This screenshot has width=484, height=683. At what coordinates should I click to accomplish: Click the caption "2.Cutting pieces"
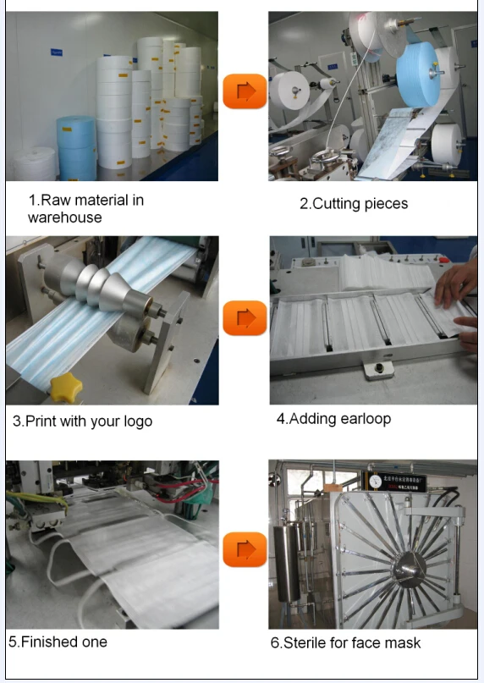(354, 203)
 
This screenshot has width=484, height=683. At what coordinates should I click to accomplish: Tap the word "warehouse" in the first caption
(65, 217)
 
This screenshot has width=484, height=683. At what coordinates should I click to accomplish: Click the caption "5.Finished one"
(58, 642)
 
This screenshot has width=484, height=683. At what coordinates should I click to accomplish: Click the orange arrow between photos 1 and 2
(245, 91)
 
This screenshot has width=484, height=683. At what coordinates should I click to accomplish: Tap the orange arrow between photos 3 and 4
(245, 318)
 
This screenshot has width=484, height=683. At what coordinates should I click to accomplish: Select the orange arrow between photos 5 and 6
(245, 549)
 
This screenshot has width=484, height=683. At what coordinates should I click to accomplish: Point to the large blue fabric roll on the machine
(418, 75)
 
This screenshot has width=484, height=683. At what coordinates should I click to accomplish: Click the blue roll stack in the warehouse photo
(76, 147)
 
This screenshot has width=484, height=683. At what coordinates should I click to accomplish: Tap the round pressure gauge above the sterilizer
(375, 481)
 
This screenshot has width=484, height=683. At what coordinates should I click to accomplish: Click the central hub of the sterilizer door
(408, 569)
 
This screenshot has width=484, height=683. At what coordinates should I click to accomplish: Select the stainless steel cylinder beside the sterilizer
(287, 563)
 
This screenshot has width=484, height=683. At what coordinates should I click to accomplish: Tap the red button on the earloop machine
(443, 260)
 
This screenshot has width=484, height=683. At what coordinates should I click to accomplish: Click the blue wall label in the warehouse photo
(56, 52)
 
